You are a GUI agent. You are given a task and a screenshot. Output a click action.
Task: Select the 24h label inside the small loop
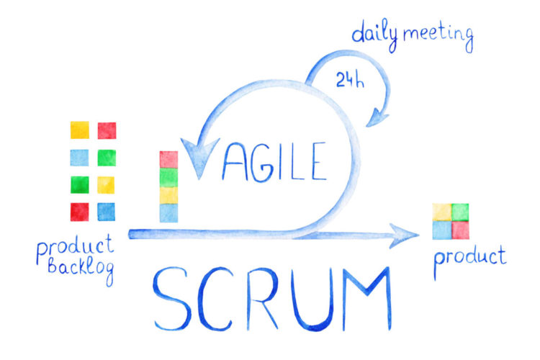(x=350, y=80)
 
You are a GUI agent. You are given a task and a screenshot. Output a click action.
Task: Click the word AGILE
(x=274, y=161)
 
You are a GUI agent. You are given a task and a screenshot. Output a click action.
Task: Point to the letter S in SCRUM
(x=171, y=298)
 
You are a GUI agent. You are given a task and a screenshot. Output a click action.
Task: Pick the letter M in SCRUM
(x=367, y=298)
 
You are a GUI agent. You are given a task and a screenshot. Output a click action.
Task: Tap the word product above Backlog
(x=75, y=246)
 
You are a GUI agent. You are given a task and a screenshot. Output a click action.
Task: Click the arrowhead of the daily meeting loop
(x=377, y=117)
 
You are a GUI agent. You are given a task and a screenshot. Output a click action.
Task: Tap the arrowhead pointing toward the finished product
(x=404, y=235)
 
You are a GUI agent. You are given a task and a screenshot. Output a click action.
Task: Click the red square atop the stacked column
(x=168, y=160)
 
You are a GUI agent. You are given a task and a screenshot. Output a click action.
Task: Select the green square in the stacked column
(x=168, y=177)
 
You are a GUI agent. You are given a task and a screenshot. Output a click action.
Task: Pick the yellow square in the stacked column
(x=168, y=195)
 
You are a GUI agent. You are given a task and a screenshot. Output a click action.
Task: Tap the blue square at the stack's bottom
(x=168, y=213)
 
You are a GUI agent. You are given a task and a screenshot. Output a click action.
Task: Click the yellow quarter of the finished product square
(x=442, y=212)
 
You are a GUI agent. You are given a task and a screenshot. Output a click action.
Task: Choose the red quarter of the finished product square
(x=460, y=230)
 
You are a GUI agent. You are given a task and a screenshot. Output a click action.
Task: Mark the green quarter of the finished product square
(x=460, y=212)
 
